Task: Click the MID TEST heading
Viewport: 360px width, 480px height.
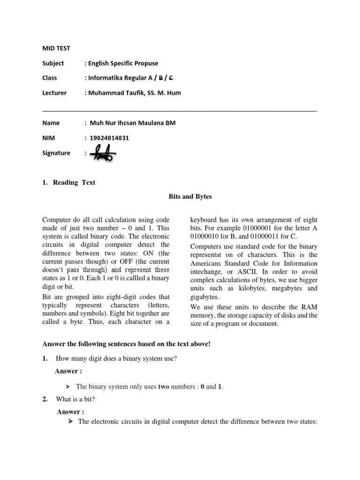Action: tap(56, 48)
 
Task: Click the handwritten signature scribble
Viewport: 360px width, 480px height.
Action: tap(103, 153)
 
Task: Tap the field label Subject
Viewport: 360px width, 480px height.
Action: tap(53, 63)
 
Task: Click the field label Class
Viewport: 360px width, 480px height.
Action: tap(50, 78)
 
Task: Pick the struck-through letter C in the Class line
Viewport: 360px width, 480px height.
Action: tap(176, 78)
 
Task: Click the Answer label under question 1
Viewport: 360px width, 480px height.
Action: tap(69, 371)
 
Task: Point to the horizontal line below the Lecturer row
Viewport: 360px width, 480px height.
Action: tap(180, 111)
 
